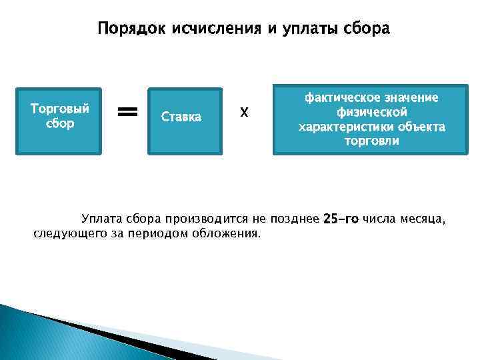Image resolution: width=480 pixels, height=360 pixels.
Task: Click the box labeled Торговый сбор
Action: pyautogui.click(x=59, y=121)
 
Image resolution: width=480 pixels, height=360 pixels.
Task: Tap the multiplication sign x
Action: pyautogui.click(x=244, y=113)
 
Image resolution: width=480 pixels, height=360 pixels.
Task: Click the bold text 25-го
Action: pyautogui.click(x=341, y=219)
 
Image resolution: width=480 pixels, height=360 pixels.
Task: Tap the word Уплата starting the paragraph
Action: pyautogui.click(x=100, y=219)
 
